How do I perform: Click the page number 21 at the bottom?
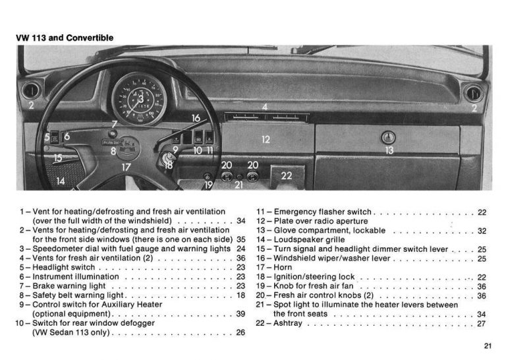pyautogui.click(x=487, y=345)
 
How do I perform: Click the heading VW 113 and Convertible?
pyautogui.click(x=64, y=38)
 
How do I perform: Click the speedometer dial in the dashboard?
pyautogui.click(x=139, y=98)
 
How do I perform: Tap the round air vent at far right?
pyautogui.click(x=474, y=92)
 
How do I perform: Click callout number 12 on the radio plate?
pyautogui.click(x=266, y=140)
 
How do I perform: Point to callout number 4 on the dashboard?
pyautogui.click(x=265, y=107)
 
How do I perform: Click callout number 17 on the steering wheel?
pyautogui.click(x=125, y=167)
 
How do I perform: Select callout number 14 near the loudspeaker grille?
pyautogui.click(x=61, y=181)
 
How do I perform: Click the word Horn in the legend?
pyautogui.click(x=285, y=268)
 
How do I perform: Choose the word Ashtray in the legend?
pyautogui.click(x=289, y=324)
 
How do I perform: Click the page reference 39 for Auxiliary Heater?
pyautogui.click(x=240, y=314)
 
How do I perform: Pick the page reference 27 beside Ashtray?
pyautogui.click(x=482, y=324)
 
